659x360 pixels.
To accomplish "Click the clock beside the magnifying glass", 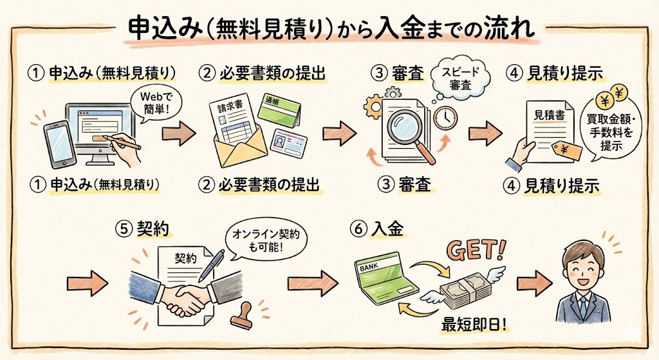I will (444, 117).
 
